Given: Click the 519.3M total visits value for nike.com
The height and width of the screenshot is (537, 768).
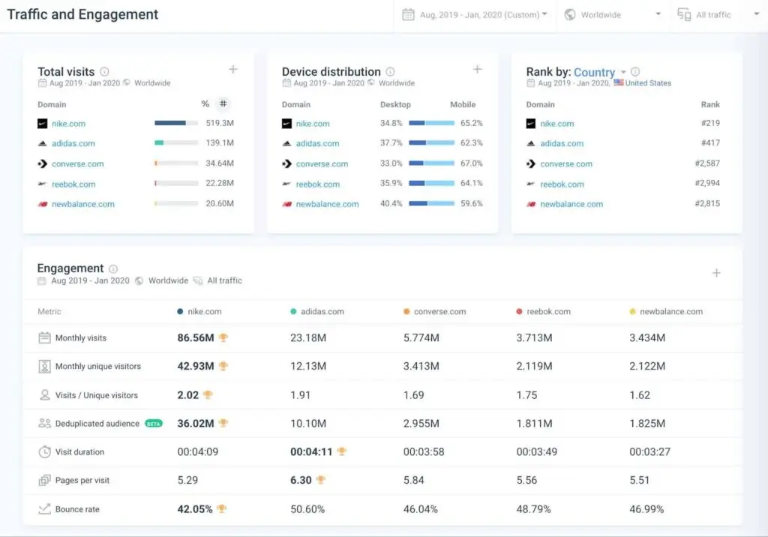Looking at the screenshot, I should point(220,123).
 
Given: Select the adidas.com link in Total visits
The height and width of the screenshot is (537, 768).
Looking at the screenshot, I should point(73,143).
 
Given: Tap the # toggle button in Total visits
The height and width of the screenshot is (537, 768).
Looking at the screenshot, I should point(223,104).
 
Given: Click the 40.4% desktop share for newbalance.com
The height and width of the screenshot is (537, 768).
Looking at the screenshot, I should point(391,204).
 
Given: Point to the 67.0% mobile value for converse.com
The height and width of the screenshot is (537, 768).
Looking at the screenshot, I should point(472,163).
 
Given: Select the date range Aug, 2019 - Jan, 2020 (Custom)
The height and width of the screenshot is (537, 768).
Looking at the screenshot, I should point(475,15).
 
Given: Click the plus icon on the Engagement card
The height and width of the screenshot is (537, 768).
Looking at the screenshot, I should point(716,273).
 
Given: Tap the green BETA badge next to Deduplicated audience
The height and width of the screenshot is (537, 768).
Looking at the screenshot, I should point(153,424).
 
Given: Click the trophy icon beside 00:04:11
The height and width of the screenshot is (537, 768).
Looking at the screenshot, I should point(342,451).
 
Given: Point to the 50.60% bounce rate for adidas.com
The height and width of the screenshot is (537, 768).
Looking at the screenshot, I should point(307,509).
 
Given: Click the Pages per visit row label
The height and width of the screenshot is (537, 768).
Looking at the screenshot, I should point(82,481).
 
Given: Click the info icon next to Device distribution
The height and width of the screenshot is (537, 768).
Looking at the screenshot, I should point(390,72).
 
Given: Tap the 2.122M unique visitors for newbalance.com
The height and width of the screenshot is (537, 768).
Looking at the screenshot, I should point(647,367).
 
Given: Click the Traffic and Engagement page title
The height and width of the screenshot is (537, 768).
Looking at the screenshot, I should point(82,15).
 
